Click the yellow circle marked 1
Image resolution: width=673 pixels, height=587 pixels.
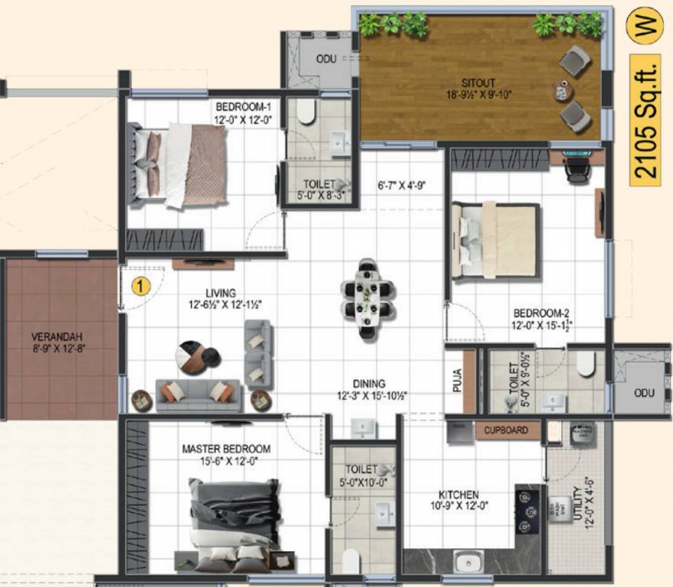point(140,287)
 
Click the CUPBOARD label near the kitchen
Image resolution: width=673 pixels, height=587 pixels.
point(506,430)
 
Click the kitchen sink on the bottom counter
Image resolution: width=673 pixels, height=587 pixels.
point(466,562)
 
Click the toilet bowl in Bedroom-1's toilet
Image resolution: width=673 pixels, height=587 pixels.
point(306,112)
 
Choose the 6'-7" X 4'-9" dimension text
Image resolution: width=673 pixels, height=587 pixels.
point(401,184)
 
